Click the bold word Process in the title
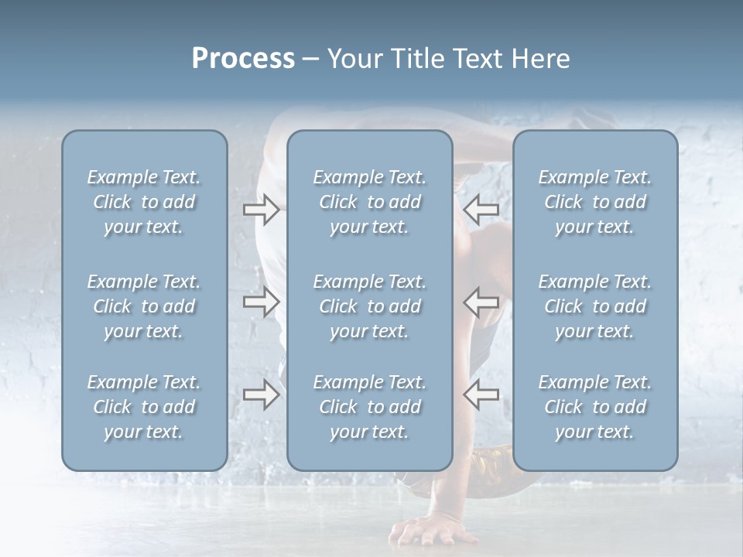click(243, 59)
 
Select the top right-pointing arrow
click(261, 210)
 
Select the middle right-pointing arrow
click(261, 302)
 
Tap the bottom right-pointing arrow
click(261, 395)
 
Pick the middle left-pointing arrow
click(481, 302)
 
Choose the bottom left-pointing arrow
click(481, 395)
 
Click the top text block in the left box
click(144, 202)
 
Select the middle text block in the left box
click(144, 306)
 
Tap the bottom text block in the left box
click(144, 407)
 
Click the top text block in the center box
click(369, 202)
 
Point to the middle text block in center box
click(369, 306)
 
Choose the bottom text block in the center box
click(369, 407)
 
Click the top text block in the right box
click(594, 202)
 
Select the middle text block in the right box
click(594, 306)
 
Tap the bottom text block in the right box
click(594, 407)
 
